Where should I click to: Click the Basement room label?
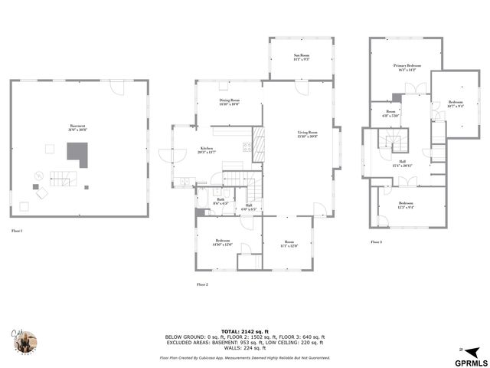pos(77,127)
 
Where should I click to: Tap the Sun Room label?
pos(301,57)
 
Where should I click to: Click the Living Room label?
pos(308,134)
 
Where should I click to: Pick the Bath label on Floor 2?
pos(220,201)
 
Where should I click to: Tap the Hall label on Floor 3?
pos(402,163)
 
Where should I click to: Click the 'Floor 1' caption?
pos(17,230)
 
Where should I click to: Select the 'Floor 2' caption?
pos(202,284)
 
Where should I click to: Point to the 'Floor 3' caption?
pos(376,242)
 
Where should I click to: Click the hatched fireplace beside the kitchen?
pos(259,145)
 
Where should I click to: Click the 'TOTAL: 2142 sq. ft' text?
pos(245,330)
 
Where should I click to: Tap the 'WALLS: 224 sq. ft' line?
pos(245,348)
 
